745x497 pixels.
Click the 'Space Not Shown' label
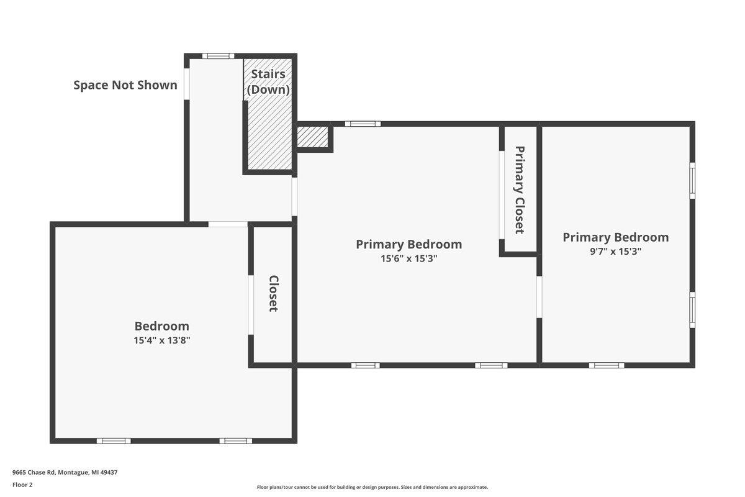pyautogui.click(x=125, y=85)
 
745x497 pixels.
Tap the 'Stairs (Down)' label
pyautogui.click(x=268, y=82)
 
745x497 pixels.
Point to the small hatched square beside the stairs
pyautogui.click(x=312, y=137)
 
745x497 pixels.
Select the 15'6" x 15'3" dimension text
pyautogui.click(x=409, y=258)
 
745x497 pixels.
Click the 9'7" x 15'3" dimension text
pyautogui.click(x=616, y=252)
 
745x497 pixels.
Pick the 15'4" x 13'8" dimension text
pyautogui.click(x=161, y=340)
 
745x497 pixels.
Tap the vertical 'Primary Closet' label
pyautogui.click(x=520, y=190)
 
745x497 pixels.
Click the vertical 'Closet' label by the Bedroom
pyautogui.click(x=273, y=294)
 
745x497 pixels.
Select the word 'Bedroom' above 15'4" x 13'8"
pyautogui.click(x=161, y=326)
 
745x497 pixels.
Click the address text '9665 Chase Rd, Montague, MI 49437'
pyautogui.click(x=65, y=472)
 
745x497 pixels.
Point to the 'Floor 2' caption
pyautogui.click(x=22, y=485)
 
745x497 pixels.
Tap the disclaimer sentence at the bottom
pyautogui.click(x=372, y=487)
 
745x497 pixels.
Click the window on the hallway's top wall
pyautogui.click(x=218, y=56)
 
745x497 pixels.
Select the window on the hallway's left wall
pyautogui.click(x=187, y=84)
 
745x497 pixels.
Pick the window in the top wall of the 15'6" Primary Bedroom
pyautogui.click(x=363, y=124)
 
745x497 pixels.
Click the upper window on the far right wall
pyautogui.click(x=692, y=181)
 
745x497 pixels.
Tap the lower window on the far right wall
pyautogui.click(x=692, y=310)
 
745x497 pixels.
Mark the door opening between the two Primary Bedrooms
pyautogui.click(x=539, y=297)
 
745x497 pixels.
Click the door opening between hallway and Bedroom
pyautogui.click(x=228, y=224)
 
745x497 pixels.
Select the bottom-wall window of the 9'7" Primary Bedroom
pyautogui.click(x=607, y=365)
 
